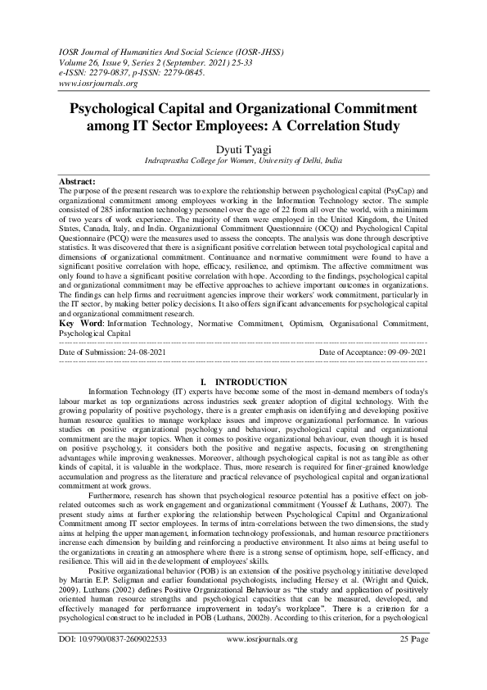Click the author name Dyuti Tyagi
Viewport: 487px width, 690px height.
tap(243, 148)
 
